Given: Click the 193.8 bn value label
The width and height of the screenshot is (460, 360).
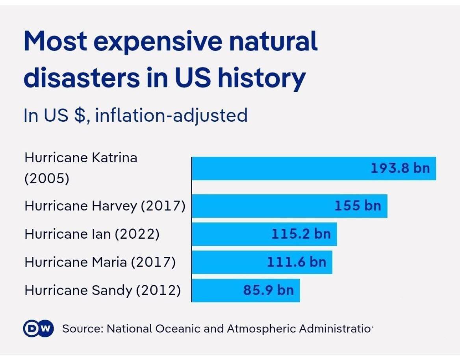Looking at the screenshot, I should click(x=400, y=168).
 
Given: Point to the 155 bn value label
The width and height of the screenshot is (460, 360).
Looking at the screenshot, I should click(x=358, y=205).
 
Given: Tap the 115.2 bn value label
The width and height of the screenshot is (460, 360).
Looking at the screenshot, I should click(x=301, y=234).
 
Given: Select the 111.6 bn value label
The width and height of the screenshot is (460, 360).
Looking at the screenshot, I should click(x=297, y=262).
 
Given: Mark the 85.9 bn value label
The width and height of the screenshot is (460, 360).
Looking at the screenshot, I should click(x=268, y=290).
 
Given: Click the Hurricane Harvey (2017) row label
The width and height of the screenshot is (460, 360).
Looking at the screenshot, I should click(x=105, y=206).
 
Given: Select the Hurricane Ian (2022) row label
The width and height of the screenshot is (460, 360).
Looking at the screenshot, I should click(x=92, y=234).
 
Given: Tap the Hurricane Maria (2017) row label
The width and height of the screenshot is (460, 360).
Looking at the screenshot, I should click(x=100, y=262).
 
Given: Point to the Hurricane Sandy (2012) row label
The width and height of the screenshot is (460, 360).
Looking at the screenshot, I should click(x=102, y=291).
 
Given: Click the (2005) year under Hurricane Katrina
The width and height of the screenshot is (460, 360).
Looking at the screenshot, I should click(x=47, y=179).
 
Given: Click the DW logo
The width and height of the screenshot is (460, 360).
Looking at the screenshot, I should click(x=38, y=328).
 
